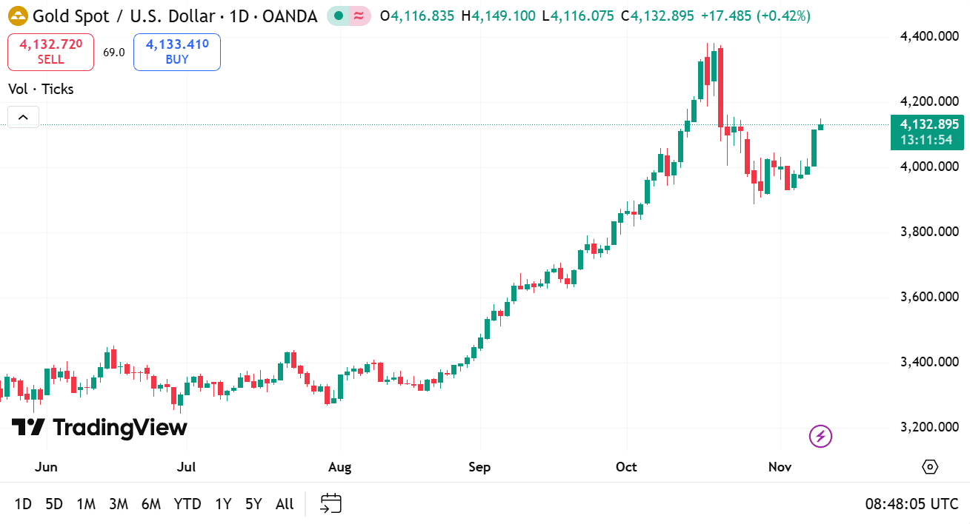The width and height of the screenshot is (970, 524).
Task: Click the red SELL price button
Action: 51,52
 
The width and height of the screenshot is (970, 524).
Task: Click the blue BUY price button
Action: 177,52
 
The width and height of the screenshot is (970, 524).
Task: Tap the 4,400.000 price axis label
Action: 929,36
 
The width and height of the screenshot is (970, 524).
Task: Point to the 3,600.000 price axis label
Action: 929,297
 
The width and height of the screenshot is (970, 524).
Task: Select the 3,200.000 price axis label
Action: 929,427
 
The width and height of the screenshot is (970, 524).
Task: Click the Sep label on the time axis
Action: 480,467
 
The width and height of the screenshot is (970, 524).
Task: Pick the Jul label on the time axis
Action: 187,467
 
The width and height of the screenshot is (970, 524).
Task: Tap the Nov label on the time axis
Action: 780,467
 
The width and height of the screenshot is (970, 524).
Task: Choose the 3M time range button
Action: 119,504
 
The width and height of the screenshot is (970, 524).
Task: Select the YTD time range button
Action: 187,504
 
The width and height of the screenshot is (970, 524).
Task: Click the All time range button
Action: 285,504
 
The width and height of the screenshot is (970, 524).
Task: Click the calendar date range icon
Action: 330,504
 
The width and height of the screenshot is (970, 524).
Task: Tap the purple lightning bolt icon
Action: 820,437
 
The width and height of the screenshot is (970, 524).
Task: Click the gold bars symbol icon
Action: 18,16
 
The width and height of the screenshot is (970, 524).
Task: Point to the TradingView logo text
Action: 99,427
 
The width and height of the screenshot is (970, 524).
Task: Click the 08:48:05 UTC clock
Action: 911,504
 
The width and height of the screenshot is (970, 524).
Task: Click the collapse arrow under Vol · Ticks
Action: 23,117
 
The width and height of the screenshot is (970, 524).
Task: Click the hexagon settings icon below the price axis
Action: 930,467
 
